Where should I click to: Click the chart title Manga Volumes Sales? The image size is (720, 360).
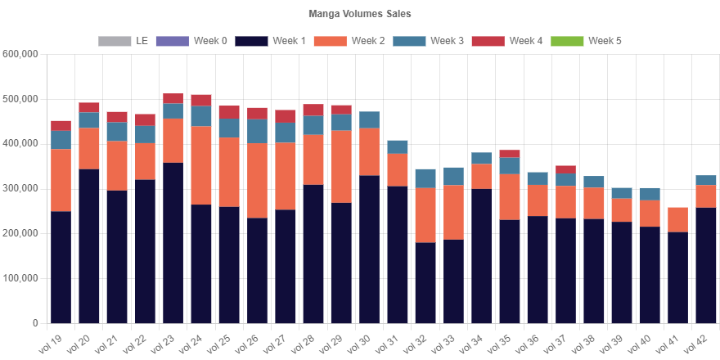tap(360, 14)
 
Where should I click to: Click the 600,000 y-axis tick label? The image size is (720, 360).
tap(20, 54)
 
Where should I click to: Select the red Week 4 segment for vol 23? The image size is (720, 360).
tap(173, 98)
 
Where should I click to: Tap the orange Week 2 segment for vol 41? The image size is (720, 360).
tap(677, 219)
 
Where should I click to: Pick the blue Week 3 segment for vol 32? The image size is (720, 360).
tap(425, 178)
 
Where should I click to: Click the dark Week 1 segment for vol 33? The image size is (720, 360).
tap(454, 281)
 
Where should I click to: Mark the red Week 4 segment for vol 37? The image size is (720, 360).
tap(565, 169)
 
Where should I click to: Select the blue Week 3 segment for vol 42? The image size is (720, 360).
tap(706, 180)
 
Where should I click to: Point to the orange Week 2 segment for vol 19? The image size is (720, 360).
tap(61, 180)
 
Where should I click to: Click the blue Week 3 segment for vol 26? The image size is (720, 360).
tap(257, 132)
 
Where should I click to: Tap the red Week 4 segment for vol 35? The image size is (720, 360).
tap(510, 154)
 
